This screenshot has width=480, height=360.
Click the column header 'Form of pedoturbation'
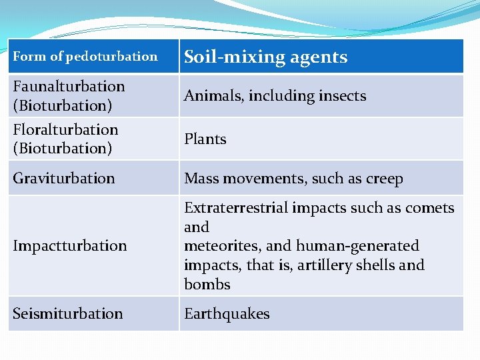click(x=85, y=57)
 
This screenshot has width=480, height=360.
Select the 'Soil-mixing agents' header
click(x=265, y=57)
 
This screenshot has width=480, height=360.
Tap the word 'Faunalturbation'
click(x=69, y=87)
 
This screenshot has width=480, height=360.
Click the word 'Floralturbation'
click(x=65, y=129)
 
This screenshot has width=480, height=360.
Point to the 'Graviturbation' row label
click(x=63, y=179)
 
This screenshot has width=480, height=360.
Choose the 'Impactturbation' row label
click(x=69, y=246)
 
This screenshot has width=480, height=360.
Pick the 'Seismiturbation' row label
click(x=67, y=313)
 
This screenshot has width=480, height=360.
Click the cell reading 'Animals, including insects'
click(x=275, y=96)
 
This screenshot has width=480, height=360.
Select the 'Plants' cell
click(x=205, y=139)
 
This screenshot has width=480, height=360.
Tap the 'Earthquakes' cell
click(x=227, y=314)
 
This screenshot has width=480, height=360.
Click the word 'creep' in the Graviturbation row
click(x=385, y=179)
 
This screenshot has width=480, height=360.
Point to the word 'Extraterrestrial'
click(x=231, y=208)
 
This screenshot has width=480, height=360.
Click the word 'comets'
click(x=431, y=208)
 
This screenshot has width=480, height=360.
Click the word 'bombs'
click(x=207, y=285)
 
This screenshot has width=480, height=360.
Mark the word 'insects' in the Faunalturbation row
click(x=342, y=96)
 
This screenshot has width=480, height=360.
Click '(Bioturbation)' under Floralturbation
click(x=62, y=148)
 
